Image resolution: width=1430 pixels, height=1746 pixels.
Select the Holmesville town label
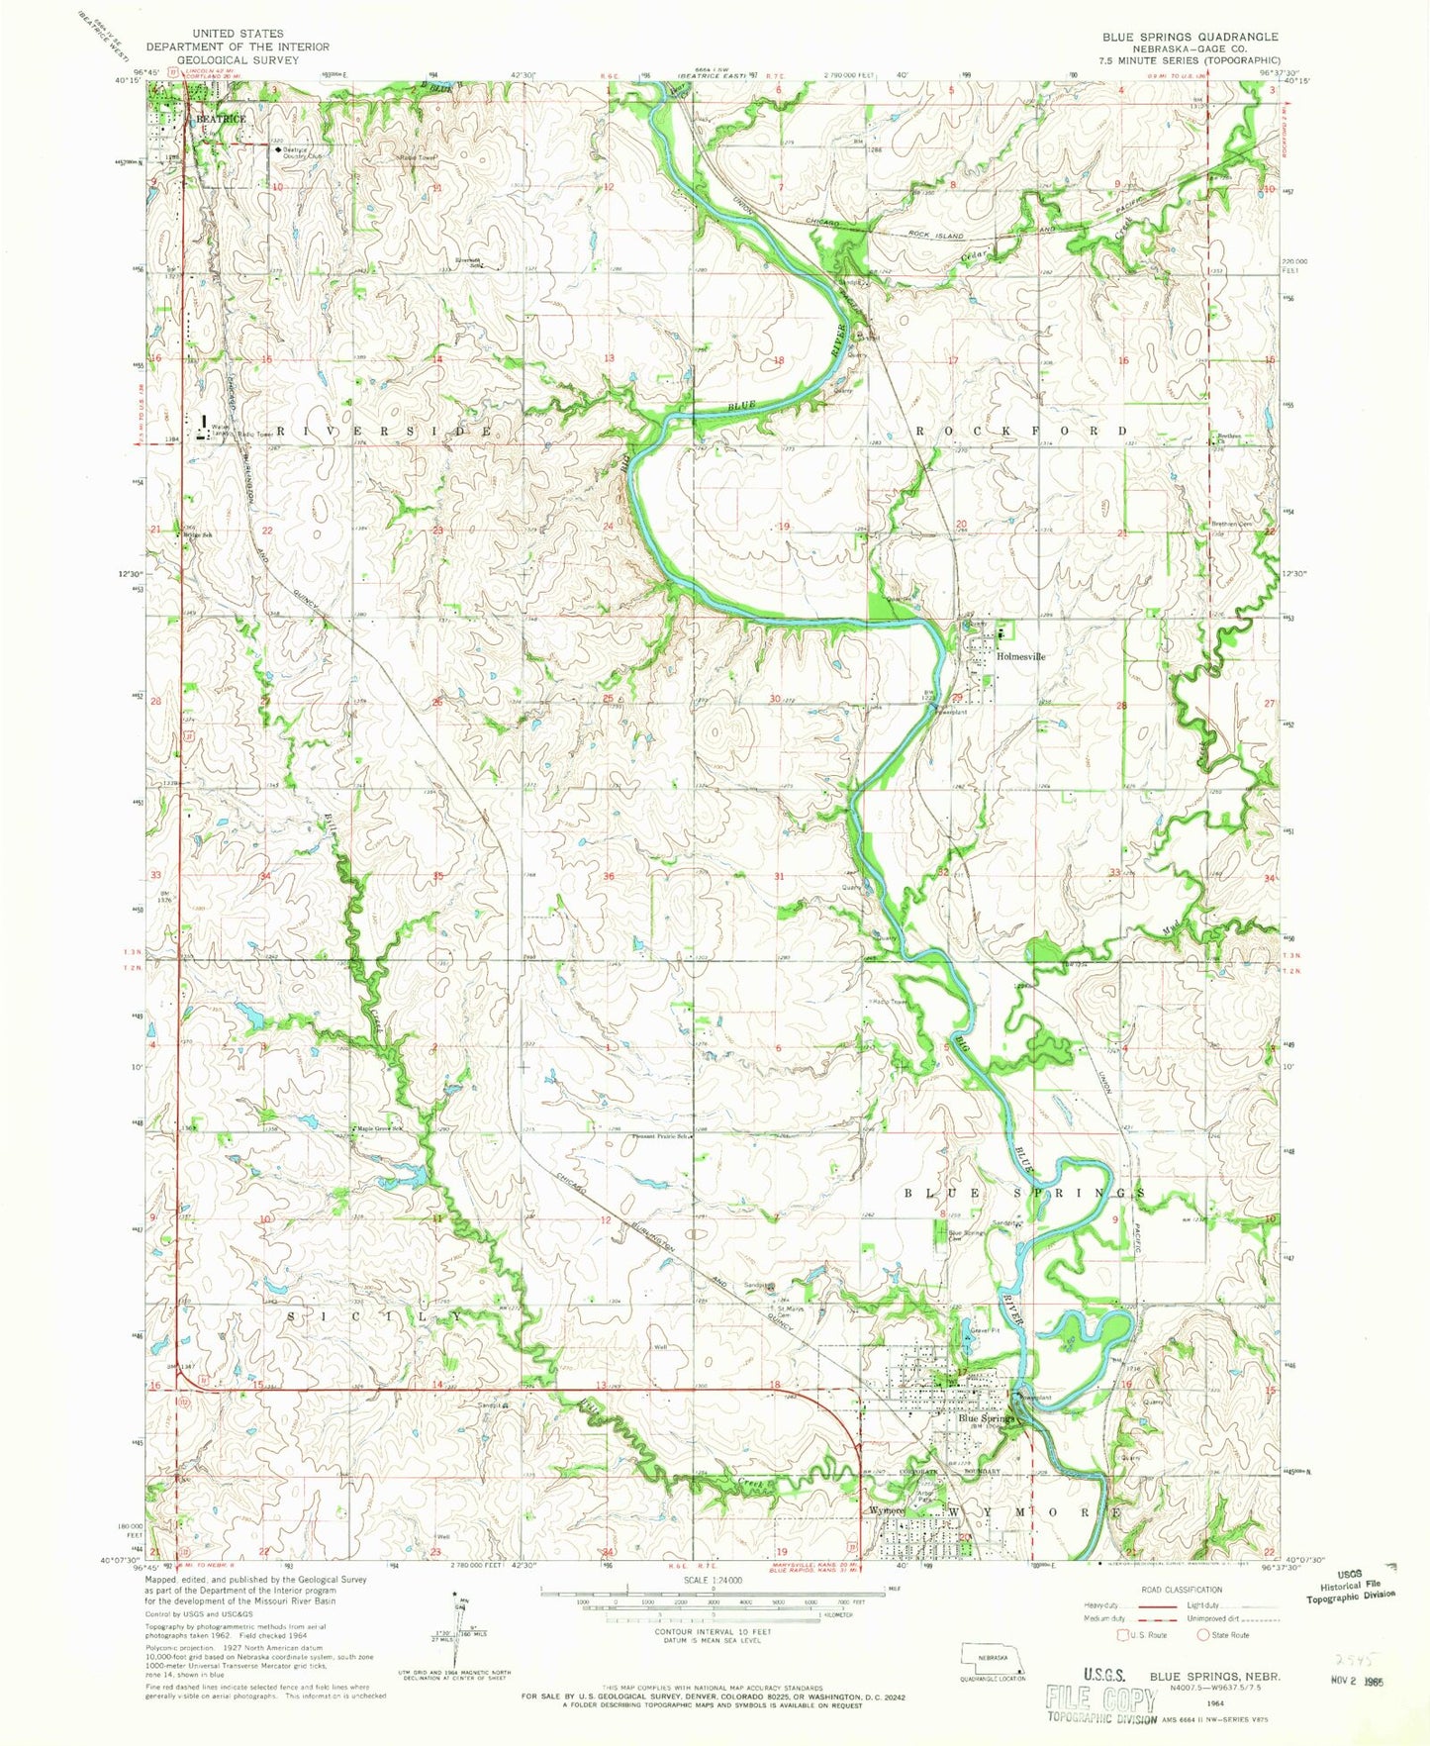click(x=1020, y=656)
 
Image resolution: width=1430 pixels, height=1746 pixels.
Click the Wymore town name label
click(x=888, y=1511)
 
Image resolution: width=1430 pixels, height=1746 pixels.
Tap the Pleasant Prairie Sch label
click(x=660, y=1136)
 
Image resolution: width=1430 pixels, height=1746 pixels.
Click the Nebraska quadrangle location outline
click(x=994, y=1654)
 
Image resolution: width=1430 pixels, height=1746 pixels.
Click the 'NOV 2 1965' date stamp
click(x=1355, y=1681)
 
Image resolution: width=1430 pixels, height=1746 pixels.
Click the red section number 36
click(x=609, y=876)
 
